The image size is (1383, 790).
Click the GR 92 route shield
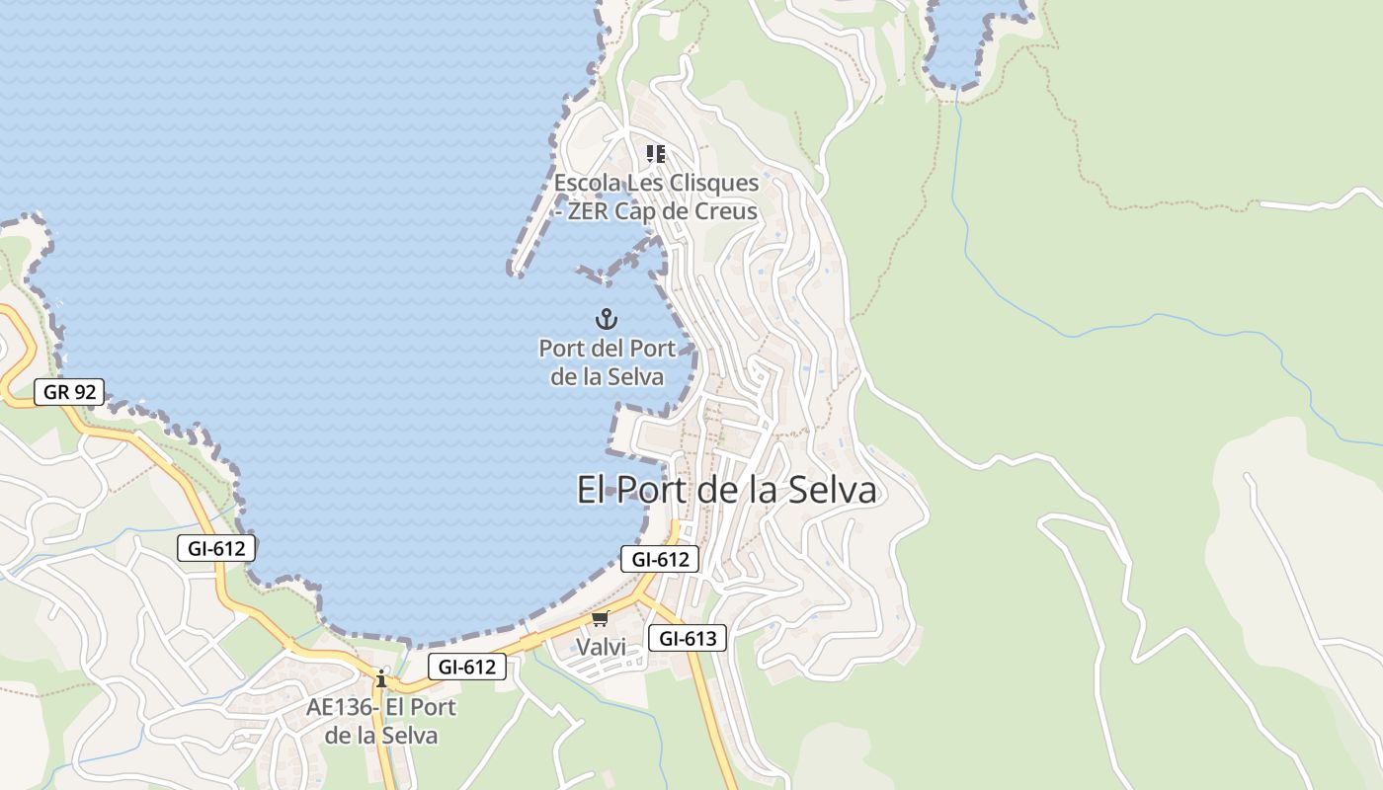[69, 392]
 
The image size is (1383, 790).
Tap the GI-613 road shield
[687, 638]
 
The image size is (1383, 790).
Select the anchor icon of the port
[607, 319]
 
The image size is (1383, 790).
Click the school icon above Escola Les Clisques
[656, 153]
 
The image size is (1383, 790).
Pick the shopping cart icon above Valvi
[600, 619]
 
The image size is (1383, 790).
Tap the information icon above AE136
[381, 678]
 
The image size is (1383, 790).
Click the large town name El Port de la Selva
[726, 490]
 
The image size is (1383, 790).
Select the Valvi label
[601, 647]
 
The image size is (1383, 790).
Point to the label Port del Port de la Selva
[607, 362]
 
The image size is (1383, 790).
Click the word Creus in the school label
[726, 211]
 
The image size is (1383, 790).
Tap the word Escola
[586, 183]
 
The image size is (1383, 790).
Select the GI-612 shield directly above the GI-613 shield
[660, 559]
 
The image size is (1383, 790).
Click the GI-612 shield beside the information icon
[466, 667]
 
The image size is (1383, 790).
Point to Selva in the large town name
[829, 490]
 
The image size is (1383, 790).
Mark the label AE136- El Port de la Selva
[381, 721]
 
